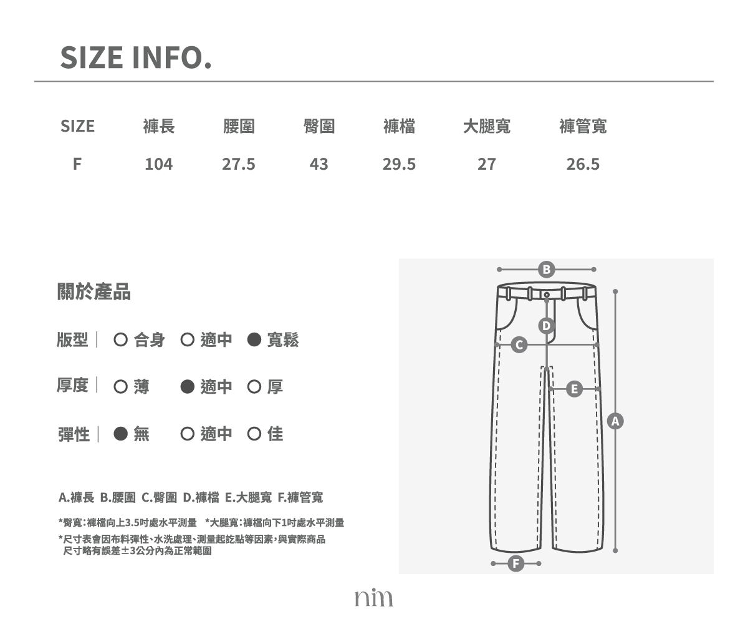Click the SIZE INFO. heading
coord(136,57)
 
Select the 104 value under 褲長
coord(159,164)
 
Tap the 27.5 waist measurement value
coord(239,164)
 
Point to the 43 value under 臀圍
coord(319,164)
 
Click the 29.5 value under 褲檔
coord(399,164)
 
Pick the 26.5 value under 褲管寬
coord(583,164)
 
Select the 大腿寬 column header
coord(487,126)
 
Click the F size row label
coord(77,164)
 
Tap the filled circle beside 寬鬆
coord(254,339)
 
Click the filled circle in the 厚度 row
coord(188,387)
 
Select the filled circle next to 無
coord(121,434)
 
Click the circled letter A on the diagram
coord(615,421)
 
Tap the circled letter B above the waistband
coord(546,270)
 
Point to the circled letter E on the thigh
coord(574,389)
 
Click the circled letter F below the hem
coord(516,563)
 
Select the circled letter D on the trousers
coord(546,326)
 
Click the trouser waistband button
coord(547,295)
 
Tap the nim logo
coord(373,597)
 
